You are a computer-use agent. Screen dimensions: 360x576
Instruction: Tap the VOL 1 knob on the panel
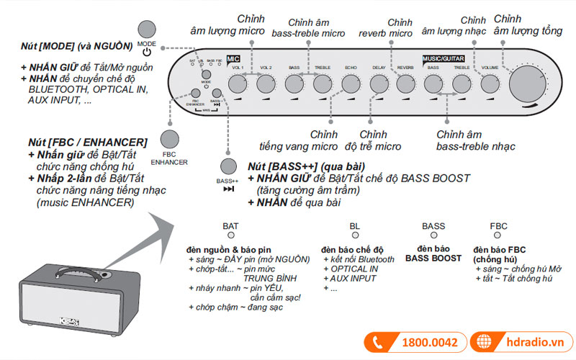237,84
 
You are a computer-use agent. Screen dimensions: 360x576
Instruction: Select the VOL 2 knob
266,84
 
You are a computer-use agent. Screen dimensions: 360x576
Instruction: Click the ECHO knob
350,84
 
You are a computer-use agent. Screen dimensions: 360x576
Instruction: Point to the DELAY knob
378,84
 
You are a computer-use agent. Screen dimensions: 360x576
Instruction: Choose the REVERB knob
405,84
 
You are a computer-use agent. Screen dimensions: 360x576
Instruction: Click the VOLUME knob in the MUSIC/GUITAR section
490,84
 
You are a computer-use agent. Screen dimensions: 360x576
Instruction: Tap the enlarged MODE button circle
146,30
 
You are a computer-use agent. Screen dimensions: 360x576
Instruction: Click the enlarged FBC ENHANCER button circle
170,138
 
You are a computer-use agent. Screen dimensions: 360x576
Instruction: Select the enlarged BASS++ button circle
229,167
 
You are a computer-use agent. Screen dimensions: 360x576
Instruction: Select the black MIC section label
233,58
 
